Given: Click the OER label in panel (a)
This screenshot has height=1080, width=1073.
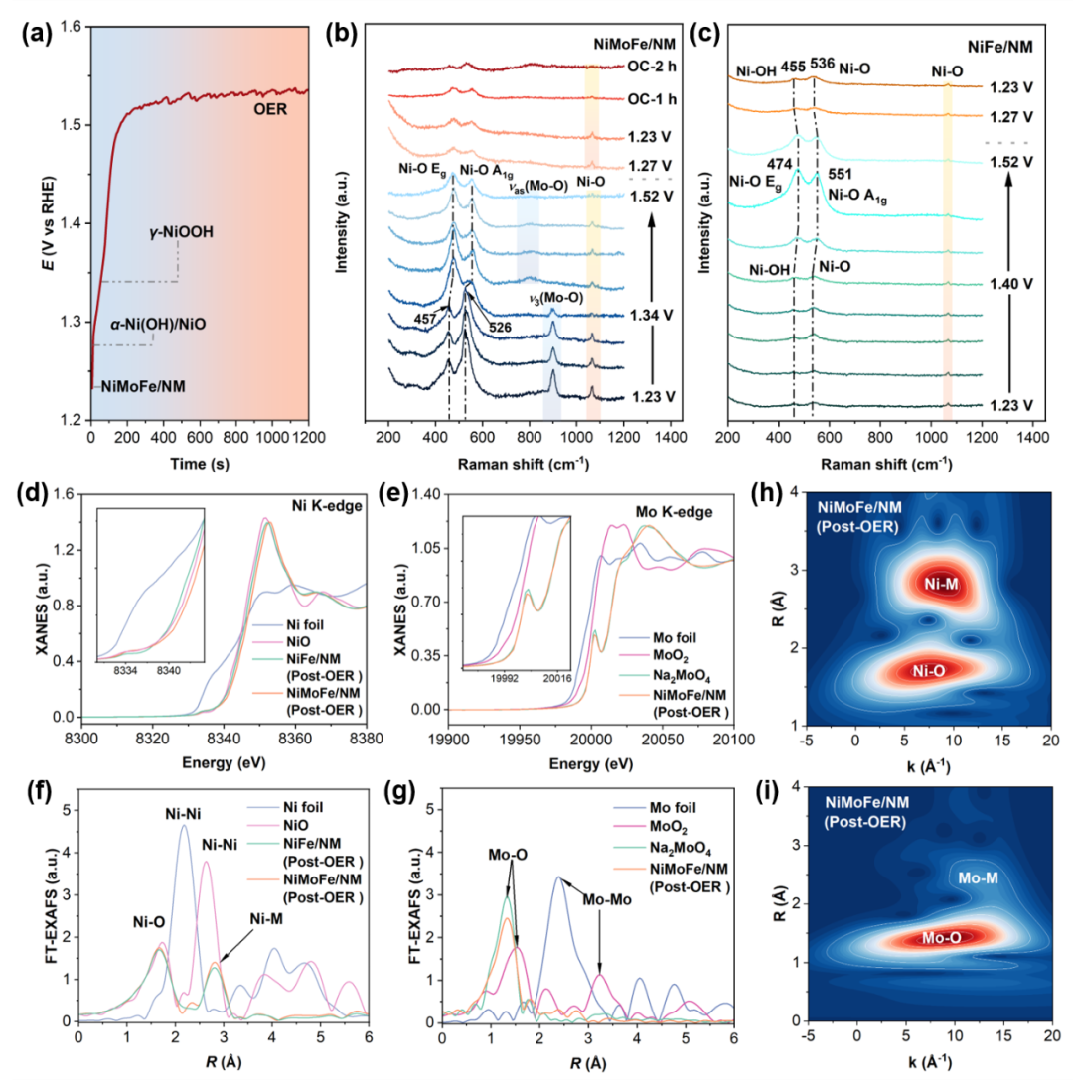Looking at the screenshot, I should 268,109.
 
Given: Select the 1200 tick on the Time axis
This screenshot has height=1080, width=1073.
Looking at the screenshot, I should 308,435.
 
